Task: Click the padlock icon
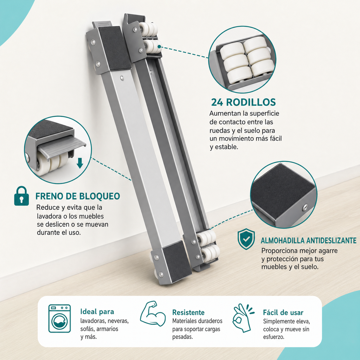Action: tap(21, 196)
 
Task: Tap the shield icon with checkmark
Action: tap(246, 239)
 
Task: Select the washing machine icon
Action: tap(59, 319)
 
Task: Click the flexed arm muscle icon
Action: tap(153, 314)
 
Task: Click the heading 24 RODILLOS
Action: tap(243, 102)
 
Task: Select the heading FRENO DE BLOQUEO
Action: tap(78, 196)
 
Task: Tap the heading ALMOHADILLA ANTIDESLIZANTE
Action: tap(309, 240)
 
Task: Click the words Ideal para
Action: tap(97, 311)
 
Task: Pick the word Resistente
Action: tap(188, 313)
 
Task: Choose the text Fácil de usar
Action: tap(283, 313)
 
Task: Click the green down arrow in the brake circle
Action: tap(80, 163)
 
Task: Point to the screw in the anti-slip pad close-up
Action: tap(305, 207)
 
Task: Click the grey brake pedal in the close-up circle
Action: tap(62, 145)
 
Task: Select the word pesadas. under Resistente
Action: tap(183, 337)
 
